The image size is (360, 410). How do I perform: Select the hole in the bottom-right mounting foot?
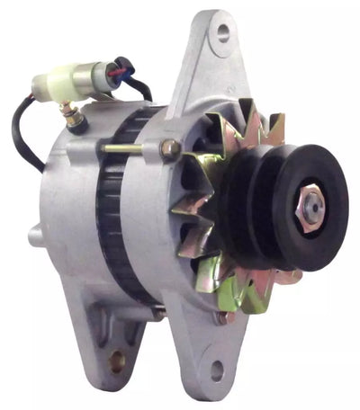coord(216,368)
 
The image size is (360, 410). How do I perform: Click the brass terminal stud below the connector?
coord(67,112)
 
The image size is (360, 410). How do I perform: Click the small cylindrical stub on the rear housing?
coord(35,237)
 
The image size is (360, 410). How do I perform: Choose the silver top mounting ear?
coord(211,54)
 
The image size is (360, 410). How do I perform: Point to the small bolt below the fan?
coord(220,316)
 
